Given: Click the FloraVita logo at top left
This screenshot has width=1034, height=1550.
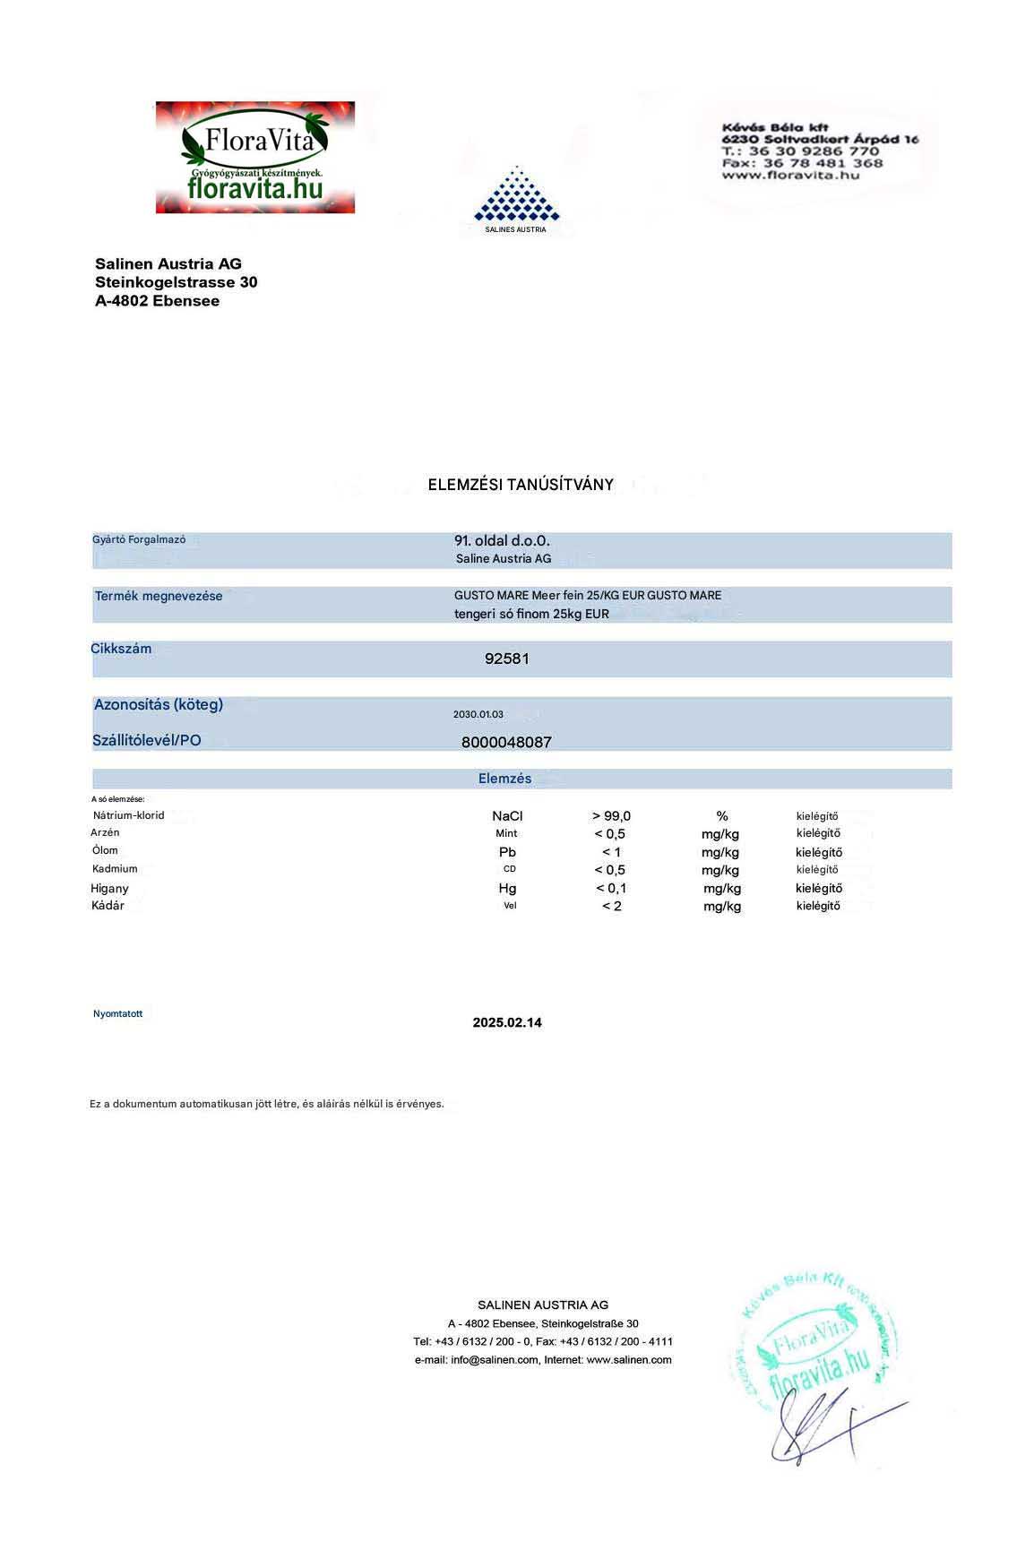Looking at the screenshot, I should [255, 158].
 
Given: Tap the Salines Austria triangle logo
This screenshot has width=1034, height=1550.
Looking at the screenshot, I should [516, 194].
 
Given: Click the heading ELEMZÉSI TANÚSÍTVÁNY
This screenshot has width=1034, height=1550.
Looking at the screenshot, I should [521, 485].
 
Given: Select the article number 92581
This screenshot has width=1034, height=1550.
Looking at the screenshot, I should [507, 659].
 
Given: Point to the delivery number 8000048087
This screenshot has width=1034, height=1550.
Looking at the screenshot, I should [506, 742].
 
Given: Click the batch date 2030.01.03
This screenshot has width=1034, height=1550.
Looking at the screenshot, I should [478, 714].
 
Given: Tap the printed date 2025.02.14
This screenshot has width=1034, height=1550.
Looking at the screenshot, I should [507, 1022].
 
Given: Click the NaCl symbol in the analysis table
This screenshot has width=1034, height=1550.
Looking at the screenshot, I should [507, 816].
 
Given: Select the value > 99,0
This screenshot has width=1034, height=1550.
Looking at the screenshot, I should [611, 816].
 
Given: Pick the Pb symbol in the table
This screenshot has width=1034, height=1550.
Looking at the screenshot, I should [507, 852].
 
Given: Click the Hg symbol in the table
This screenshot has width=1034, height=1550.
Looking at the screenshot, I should [507, 889].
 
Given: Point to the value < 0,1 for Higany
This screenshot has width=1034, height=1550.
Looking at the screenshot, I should [611, 889].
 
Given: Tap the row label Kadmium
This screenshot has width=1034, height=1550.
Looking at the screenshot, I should [115, 869].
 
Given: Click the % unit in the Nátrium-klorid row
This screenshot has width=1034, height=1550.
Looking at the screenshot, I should [722, 816].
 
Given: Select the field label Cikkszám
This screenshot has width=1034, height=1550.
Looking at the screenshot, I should [121, 649].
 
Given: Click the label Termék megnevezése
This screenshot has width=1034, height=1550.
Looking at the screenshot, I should [159, 596].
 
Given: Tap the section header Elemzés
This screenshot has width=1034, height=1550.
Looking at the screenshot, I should [504, 779].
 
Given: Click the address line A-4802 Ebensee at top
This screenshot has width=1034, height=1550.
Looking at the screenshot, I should [158, 301].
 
